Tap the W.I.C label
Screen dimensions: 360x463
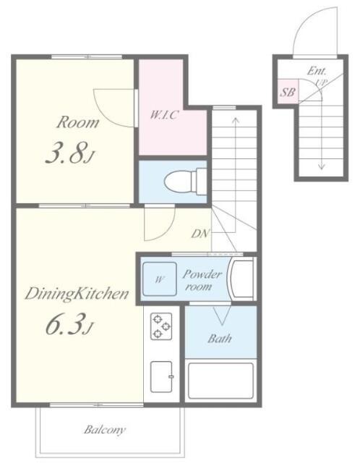[164, 114]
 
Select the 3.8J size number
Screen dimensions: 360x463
[71, 153]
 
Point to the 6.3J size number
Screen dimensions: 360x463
[69, 324]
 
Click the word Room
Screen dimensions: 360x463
[78, 122]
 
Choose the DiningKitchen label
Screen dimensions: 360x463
[77, 294]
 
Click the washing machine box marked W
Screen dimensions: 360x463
[160, 279]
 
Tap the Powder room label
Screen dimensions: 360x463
[202, 280]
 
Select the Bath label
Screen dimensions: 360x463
[219, 339]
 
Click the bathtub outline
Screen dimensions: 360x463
[220, 381]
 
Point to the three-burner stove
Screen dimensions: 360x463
[161, 326]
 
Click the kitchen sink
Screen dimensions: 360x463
[161, 377]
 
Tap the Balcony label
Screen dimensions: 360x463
[105, 430]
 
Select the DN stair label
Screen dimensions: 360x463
[200, 234]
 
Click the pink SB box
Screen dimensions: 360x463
[288, 92]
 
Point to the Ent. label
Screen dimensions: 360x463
[317, 71]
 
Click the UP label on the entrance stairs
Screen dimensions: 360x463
[321, 82]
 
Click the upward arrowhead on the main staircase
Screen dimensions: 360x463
[236, 119]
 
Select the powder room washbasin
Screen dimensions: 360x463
[241, 279]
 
